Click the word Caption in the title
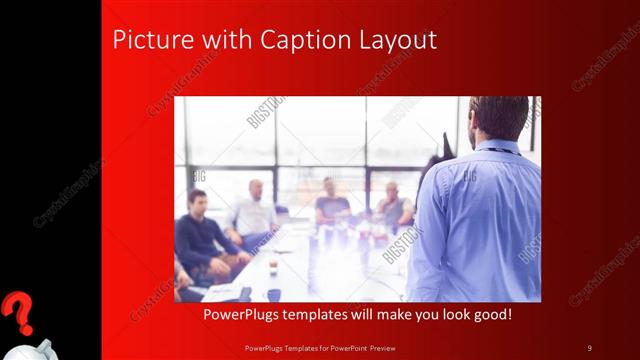(x=306, y=41)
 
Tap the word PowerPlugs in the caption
(x=243, y=315)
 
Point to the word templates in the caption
(x=328, y=315)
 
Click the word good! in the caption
(x=490, y=315)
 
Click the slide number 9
(x=590, y=348)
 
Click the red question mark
(x=17, y=313)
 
